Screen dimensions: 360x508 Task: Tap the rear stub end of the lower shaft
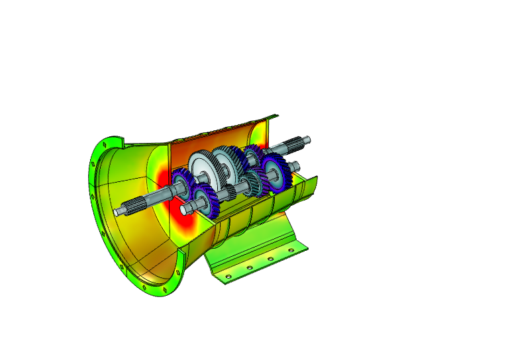click(x=293, y=165)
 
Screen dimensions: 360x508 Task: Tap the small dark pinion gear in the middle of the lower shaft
click(x=229, y=193)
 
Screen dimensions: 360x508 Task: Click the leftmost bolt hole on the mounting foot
click(x=229, y=276)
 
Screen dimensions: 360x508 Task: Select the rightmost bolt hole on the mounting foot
click(x=290, y=250)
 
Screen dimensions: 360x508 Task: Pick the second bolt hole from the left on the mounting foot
click(x=250, y=268)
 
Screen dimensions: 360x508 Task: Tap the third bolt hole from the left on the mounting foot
click(x=270, y=259)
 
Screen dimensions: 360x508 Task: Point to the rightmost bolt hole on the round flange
click(x=179, y=271)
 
